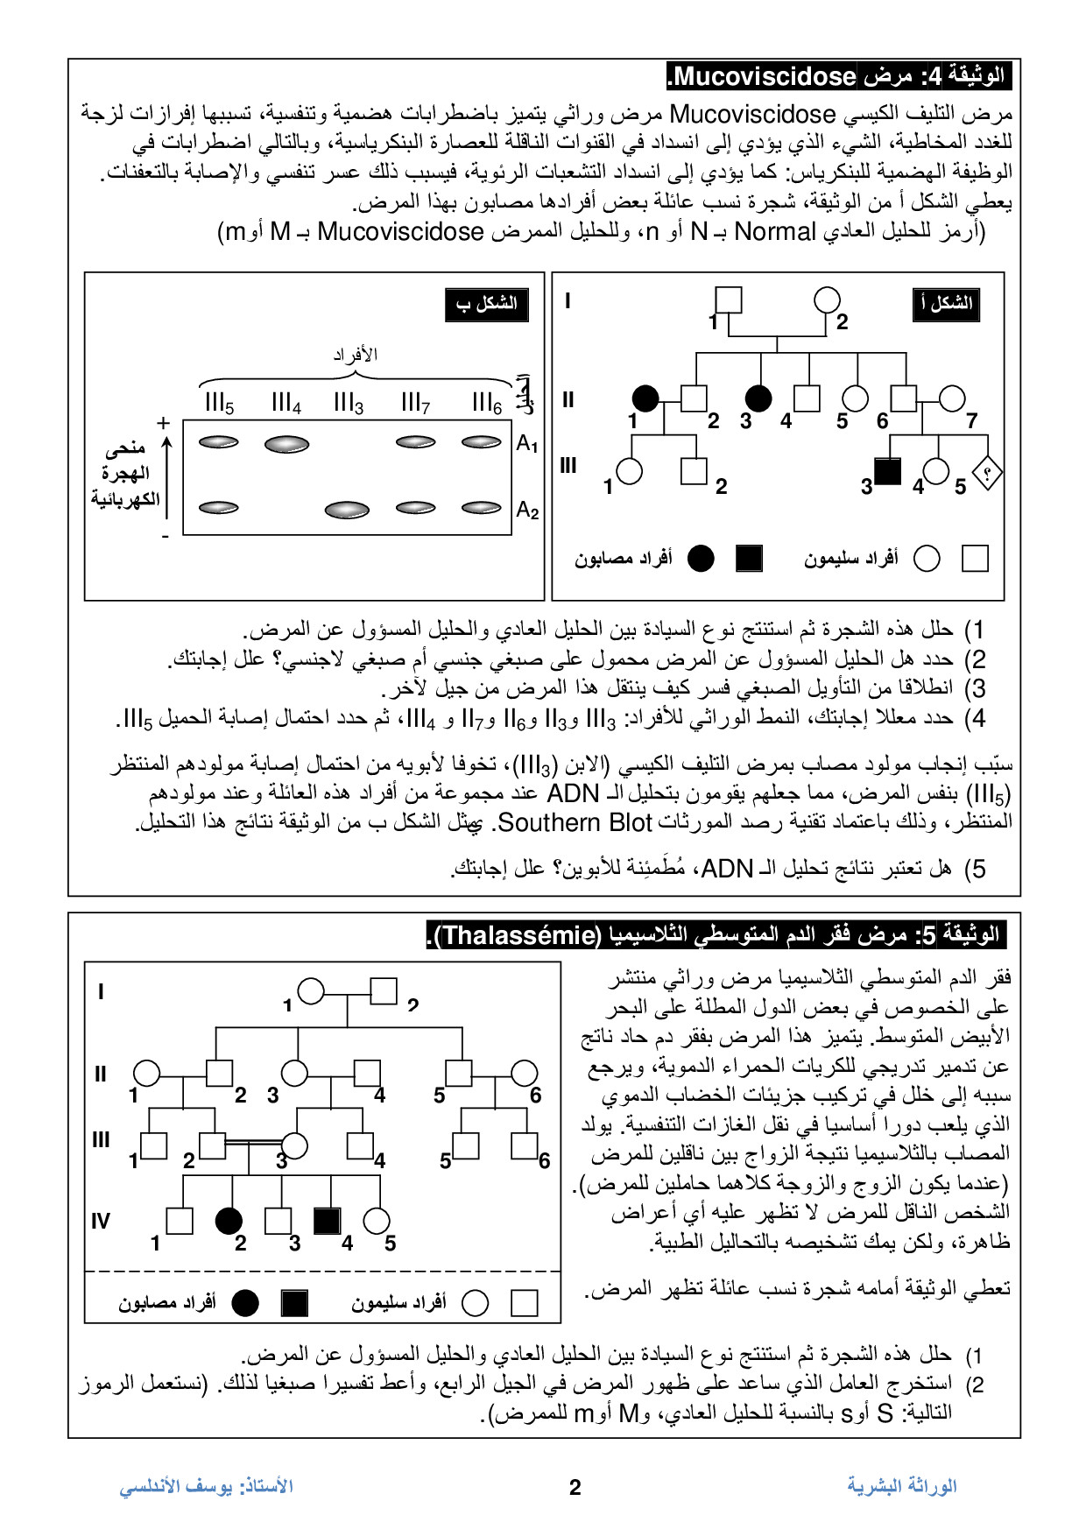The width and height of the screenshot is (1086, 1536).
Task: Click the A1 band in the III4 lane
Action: tap(286, 444)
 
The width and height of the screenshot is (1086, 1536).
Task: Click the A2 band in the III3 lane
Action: tap(347, 509)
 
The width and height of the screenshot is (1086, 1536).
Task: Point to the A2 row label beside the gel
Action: tap(527, 510)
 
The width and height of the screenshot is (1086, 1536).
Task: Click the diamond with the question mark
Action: tap(987, 474)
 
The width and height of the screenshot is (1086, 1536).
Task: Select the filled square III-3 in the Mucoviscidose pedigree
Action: tap(887, 471)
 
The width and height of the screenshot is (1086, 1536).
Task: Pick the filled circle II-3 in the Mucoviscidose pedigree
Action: tap(758, 398)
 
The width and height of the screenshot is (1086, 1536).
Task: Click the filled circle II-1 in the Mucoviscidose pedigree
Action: tap(645, 398)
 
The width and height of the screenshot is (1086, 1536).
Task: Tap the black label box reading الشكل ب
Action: tap(486, 304)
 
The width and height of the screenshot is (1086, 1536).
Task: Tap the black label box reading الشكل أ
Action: tap(946, 304)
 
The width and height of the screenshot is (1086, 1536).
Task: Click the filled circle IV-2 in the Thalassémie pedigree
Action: tap(229, 1221)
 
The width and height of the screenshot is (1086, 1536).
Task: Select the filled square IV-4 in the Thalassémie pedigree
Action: tap(327, 1221)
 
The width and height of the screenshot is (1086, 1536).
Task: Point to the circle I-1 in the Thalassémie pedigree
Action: tap(311, 991)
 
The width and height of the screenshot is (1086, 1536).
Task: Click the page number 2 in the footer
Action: tap(575, 1487)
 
